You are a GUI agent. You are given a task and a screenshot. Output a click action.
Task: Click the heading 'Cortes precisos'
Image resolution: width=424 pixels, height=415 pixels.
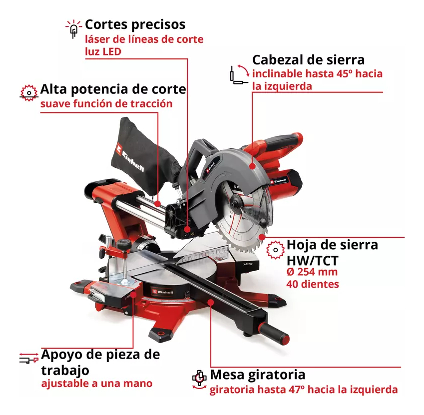click(135, 24)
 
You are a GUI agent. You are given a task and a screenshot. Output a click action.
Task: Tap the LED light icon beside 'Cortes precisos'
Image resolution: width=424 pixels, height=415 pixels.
click(73, 29)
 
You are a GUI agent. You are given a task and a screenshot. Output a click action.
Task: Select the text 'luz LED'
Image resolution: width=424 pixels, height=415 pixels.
click(103, 51)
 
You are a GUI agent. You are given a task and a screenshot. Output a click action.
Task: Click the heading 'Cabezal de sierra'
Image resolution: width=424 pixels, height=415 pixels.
click(308, 60)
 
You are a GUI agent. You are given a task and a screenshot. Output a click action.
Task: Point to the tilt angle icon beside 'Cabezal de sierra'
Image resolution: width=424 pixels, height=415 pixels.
click(240, 74)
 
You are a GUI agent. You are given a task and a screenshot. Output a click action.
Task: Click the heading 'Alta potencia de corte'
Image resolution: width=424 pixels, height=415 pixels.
click(113, 89)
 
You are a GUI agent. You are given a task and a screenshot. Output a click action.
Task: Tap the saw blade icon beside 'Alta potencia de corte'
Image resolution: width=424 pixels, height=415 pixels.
click(29, 93)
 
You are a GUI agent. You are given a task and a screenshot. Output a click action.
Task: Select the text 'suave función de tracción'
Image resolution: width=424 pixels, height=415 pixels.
click(106, 103)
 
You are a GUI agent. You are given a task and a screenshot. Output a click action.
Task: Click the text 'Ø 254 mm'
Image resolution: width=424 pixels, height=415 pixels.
click(312, 272)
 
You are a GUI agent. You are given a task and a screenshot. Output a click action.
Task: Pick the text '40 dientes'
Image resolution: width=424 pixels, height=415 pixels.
click(313, 284)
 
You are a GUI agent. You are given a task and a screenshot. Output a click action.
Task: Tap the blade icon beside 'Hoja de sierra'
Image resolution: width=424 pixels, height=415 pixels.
click(275, 250)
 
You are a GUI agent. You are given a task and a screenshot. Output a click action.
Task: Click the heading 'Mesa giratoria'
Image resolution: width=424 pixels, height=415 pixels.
click(258, 375)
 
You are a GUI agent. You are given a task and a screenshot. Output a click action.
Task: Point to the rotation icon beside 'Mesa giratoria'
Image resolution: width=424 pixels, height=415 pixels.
click(200, 380)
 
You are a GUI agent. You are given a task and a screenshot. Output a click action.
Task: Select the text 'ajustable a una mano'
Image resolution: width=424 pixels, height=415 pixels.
click(97, 384)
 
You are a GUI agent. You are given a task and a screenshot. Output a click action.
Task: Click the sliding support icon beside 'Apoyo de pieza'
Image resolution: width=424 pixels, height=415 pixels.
click(29, 358)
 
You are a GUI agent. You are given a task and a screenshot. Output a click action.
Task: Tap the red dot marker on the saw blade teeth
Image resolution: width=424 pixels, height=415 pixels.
click(262, 237)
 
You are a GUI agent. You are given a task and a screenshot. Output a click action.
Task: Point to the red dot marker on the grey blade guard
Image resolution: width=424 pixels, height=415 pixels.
click(252, 166)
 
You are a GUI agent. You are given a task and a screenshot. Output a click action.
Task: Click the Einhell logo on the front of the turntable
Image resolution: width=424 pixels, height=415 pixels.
click(162, 291)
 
